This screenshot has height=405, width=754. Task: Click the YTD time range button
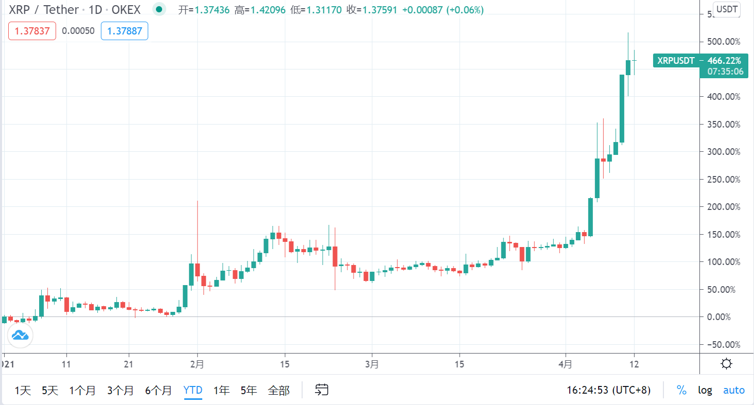[192, 390]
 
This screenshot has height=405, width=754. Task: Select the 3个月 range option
[120, 390]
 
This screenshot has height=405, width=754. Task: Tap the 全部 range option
[278, 390]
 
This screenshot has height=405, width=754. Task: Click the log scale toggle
[705, 390]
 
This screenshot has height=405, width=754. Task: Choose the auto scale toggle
[733, 390]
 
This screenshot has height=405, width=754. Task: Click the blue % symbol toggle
[681, 390]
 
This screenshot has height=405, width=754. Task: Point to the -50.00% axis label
[723, 344]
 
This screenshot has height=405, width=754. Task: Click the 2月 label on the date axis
[197, 364]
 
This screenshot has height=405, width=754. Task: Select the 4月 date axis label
[565, 364]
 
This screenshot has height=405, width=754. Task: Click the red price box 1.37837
[32, 31]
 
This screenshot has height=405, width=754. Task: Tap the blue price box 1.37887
[125, 31]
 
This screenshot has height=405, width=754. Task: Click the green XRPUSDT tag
[675, 61]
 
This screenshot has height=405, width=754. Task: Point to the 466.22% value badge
[724, 61]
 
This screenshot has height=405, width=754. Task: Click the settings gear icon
[727, 364]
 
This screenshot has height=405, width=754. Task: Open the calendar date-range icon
[322, 390]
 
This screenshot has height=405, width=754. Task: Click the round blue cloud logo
[20, 336]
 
